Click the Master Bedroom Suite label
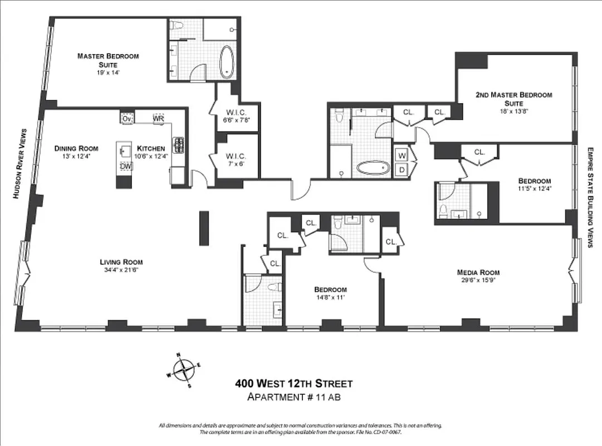pyautogui.click(x=108, y=60)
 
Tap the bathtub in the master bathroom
pyautogui.click(x=227, y=61)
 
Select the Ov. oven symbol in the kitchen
pyautogui.click(x=127, y=119)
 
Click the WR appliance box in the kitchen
pyautogui.click(x=158, y=119)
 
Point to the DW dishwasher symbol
pyautogui.click(x=126, y=166)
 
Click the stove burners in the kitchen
pyautogui.click(x=179, y=145)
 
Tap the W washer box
pyautogui.click(x=401, y=154)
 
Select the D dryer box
pyautogui.click(x=401, y=169)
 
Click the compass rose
pyautogui.click(x=183, y=370)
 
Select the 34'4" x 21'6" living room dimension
pyautogui.click(x=121, y=270)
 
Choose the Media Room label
pyautogui.click(x=478, y=272)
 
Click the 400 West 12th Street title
pyautogui.click(x=293, y=384)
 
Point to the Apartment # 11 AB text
pyautogui.click(x=293, y=397)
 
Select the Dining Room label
pyautogui.click(x=76, y=148)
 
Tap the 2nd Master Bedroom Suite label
pyautogui.click(x=513, y=99)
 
